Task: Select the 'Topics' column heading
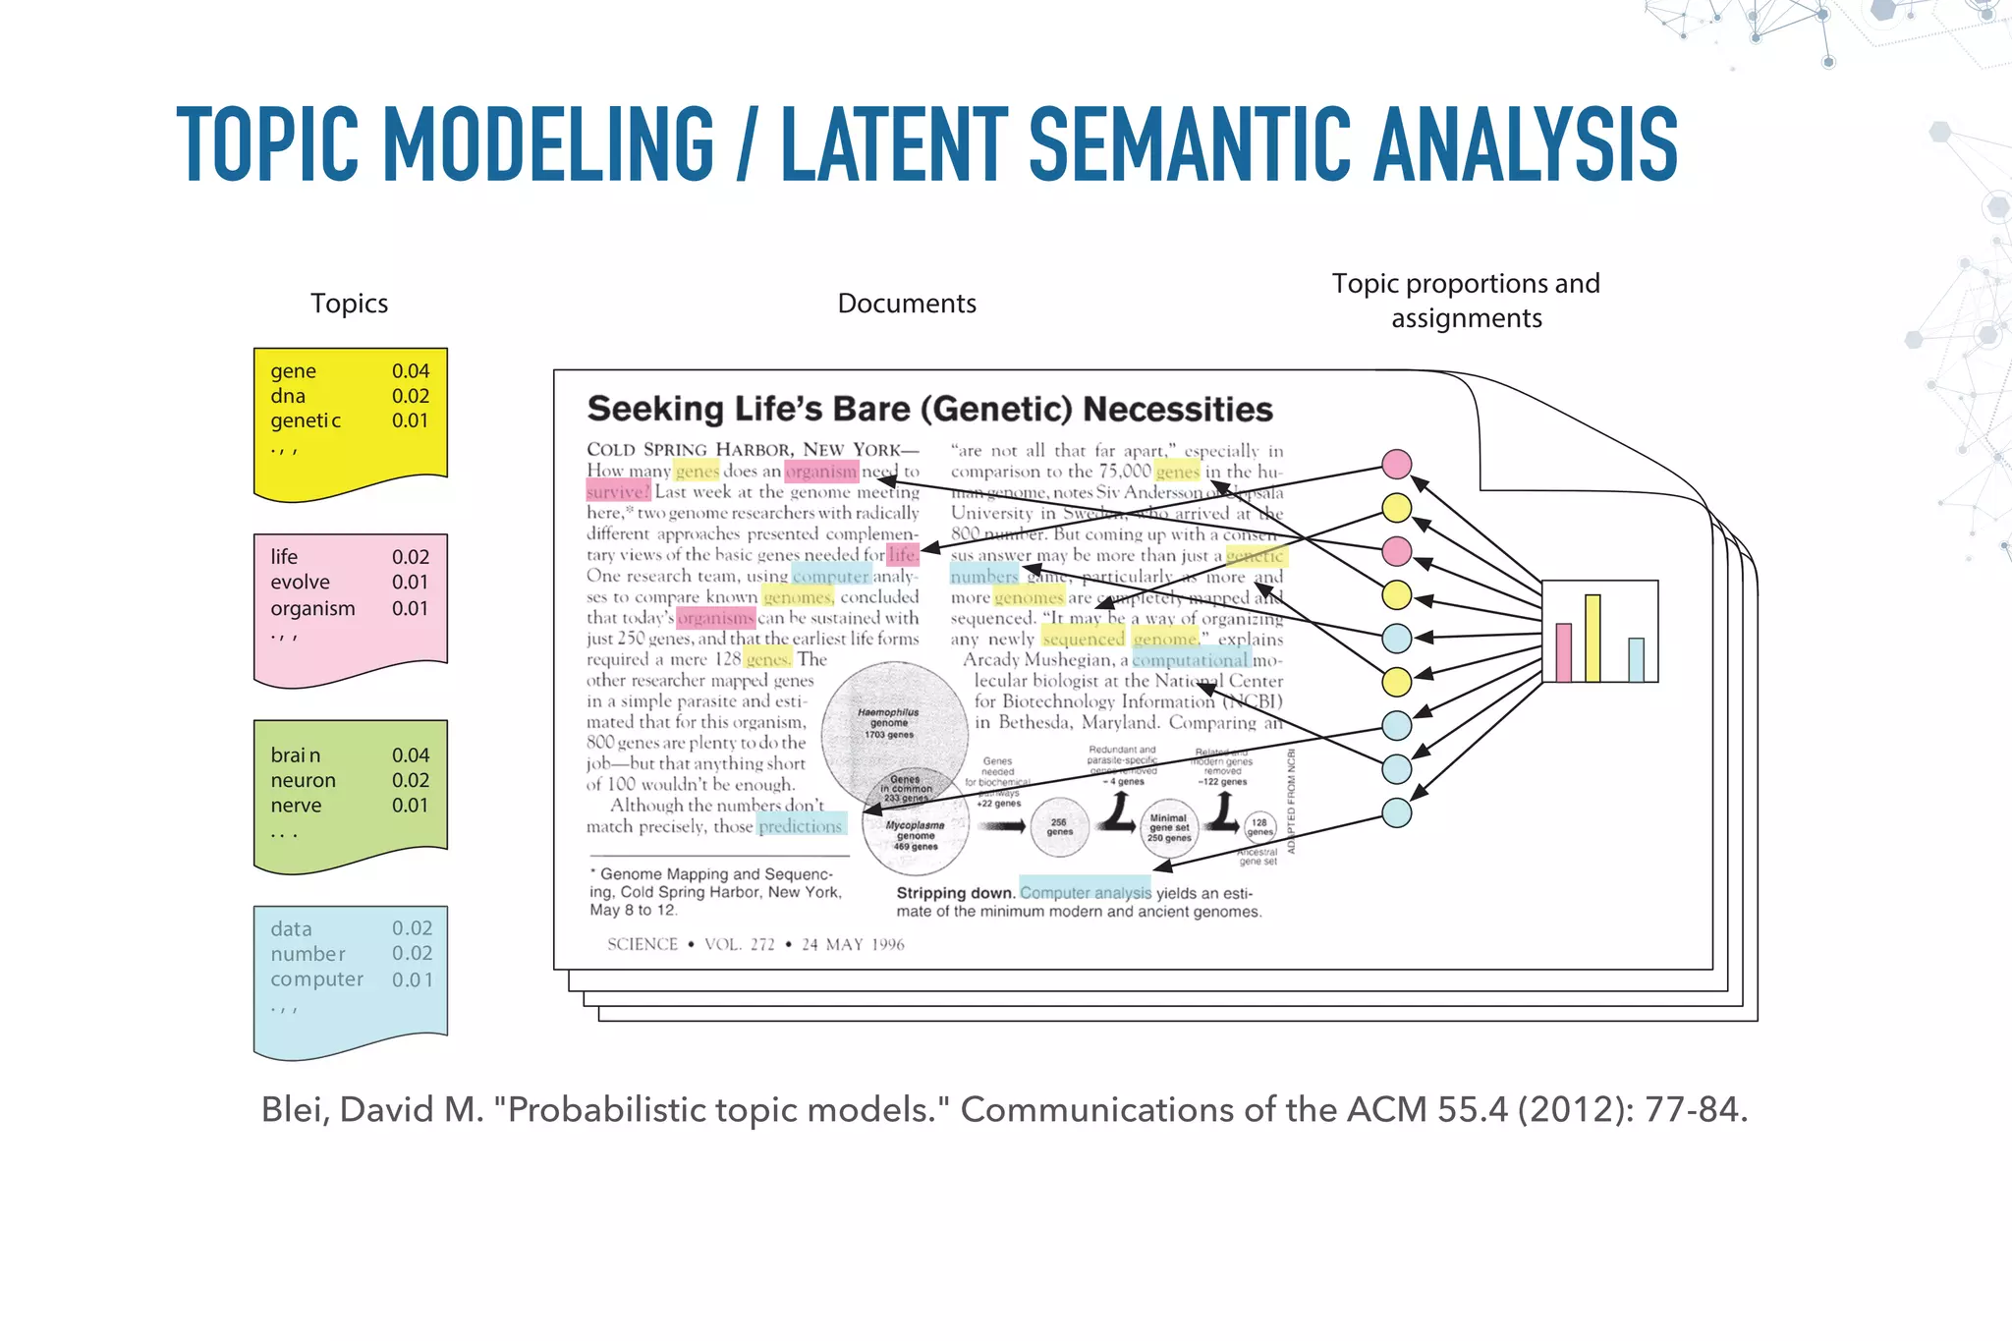click(x=349, y=304)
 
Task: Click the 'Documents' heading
click(x=906, y=304)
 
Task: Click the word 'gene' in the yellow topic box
click(x=293, y=371)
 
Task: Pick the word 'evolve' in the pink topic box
click(x=300, y=583)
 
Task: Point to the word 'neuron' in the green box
click(x=303, y=781)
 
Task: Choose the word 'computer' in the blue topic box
click(x=316, y=979)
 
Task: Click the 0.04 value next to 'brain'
click(x=410, y=755)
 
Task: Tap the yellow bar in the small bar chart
click(x=1593, y=639)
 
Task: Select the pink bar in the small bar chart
click(x=1563, y=652)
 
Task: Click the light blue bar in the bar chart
click(x=1636, y=660)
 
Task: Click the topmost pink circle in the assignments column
click(x=1396, y=464)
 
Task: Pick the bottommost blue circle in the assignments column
click(x=1396, y=812)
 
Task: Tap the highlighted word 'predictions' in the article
click(x=800, y=826)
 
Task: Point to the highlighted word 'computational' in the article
click(x=1191, y=660)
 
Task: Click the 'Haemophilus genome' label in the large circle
click(x=888, y=718)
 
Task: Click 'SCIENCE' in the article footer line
click(x=643, y=944)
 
